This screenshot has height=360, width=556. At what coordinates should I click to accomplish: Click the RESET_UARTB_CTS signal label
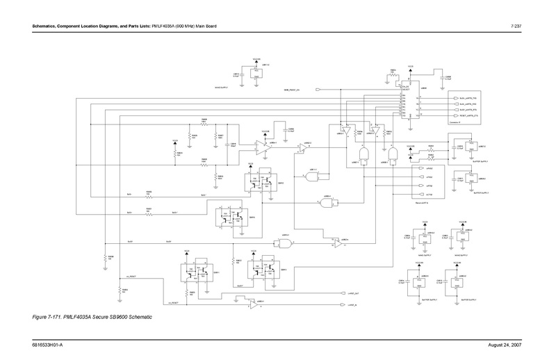466,115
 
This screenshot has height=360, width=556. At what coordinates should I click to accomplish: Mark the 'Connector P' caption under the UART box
458,124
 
